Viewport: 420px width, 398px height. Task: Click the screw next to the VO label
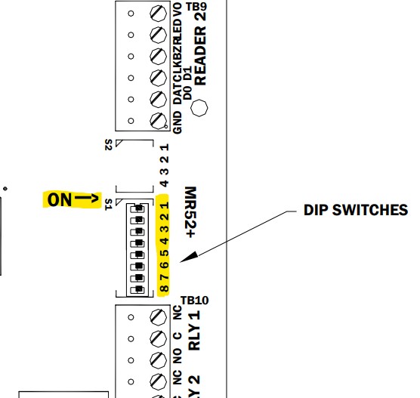pyautogui.click(x=159, y=14)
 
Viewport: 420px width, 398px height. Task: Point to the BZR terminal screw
pyautogui.click(x=159, y=56)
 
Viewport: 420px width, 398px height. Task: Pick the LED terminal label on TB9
pyautogui.click(x=178, y=35)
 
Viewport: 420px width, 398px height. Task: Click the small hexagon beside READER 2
pyautogui.click(x=199, y=108)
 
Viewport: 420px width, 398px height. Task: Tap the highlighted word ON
pyautogui.click(x=60, y=199)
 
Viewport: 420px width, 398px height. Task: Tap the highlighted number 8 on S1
pyautogui.click(x=165, y=288)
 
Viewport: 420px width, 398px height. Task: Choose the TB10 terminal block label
pyautogui.click(x=195, y=301)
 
